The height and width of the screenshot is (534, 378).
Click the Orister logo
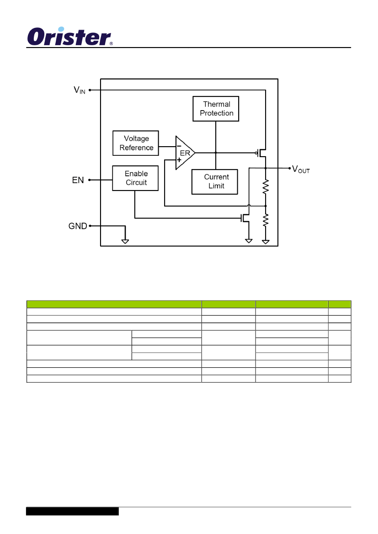click(x=70, y=37)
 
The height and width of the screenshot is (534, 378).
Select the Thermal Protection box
click(x=216, y=109)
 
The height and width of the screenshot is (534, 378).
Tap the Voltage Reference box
click(x=136, y=143)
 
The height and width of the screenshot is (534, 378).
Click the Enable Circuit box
click(x=135, y=178)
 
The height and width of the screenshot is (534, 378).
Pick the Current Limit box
click(x=215, y=182)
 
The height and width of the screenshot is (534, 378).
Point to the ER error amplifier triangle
click(x=185, y=153)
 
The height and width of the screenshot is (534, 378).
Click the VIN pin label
click(x=80, y=90)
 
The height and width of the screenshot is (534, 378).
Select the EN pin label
click(x=78, y=180)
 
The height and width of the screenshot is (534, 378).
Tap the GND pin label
click(x=78, y=226)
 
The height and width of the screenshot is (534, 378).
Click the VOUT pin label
click(x=301, y=169)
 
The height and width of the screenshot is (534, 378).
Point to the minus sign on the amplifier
click(x=179, y=146)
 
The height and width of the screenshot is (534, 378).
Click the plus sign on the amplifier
click(x=179, y=160)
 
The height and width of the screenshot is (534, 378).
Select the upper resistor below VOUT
click(x=266, y=187)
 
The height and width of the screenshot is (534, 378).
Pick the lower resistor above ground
click(x=266, y=220)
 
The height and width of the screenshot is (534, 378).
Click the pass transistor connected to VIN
click(x=261, y=153)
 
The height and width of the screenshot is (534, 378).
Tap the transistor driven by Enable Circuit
click(x=245, y=218)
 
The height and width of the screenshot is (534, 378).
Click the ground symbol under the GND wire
click(x=125, y=242)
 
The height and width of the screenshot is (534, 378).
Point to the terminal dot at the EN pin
click(x=90, y=180)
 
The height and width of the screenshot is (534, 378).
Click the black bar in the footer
click(x=72, y=511)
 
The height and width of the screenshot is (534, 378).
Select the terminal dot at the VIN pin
click(x=90, y=90)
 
